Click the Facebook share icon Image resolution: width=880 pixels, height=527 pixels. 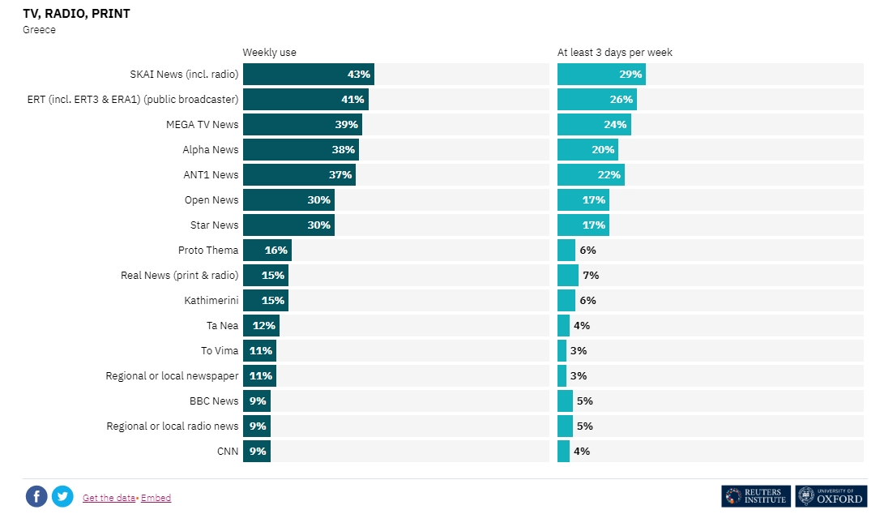tap(36, 496)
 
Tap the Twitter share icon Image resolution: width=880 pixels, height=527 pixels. tap(62, 496)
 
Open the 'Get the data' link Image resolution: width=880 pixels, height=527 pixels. tap(109, 498)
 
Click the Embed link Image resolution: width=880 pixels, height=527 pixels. tap(156, 498)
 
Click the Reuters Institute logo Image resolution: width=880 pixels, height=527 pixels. tap(755, 496)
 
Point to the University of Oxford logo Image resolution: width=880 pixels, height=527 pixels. tap(831, 496)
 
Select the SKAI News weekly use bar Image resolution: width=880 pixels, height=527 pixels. tap(308, 75)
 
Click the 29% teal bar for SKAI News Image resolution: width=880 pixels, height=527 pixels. tap(600, 75)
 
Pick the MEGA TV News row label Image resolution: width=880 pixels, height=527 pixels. tap(202, 125)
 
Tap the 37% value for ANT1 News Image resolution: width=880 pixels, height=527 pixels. tap(340, 175)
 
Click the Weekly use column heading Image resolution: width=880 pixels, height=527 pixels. tap(269, 53)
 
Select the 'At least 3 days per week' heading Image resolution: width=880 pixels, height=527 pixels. tap(614, 53)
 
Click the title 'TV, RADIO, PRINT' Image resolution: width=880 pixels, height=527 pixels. tap(76, 14)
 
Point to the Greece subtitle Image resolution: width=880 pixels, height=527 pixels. tap(39, 30)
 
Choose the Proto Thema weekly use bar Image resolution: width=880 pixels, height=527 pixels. tap(267, 251)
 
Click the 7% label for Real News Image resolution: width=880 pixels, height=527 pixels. tap(591, 276)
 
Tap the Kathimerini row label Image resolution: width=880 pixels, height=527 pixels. tap(211, 301)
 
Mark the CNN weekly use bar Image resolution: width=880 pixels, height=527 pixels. tap(256, 452)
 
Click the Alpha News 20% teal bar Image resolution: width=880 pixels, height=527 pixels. tap(587, 150)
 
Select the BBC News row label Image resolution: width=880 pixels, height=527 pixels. tap(214, 401)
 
